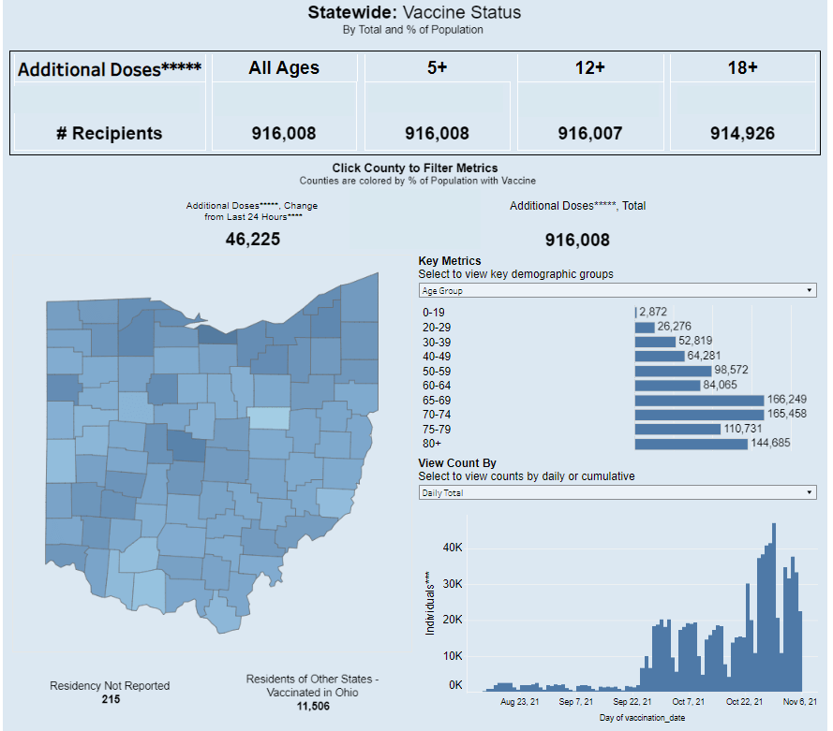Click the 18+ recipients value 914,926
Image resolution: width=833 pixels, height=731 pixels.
tap(742, 134)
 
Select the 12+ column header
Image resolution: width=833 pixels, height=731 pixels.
tap(589, 67)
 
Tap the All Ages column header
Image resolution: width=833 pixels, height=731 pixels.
tap(284, 67)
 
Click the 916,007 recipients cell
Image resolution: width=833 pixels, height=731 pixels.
tap(589, 134)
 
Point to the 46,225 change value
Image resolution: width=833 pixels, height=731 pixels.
tap(253, 239)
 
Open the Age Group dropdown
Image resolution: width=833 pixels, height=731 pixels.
tap(617, 291)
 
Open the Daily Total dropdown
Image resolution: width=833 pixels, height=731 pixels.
tap(617, 492)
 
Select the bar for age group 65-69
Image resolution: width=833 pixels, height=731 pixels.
tap(699, 400)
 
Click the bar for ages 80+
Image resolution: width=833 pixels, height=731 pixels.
tap(691, 443)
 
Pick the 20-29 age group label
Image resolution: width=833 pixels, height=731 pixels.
tap(437, 327)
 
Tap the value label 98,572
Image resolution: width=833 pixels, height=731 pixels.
tap(733, 370)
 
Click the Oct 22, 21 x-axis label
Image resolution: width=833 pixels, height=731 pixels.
tap(744, 701)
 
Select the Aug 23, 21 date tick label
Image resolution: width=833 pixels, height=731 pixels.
tap(519, 701)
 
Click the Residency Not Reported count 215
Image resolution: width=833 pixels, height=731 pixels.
tap(110, 698)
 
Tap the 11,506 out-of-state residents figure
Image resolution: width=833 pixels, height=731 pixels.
tap(312, 705)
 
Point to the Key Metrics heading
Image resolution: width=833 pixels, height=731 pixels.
tap(450, 261)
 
